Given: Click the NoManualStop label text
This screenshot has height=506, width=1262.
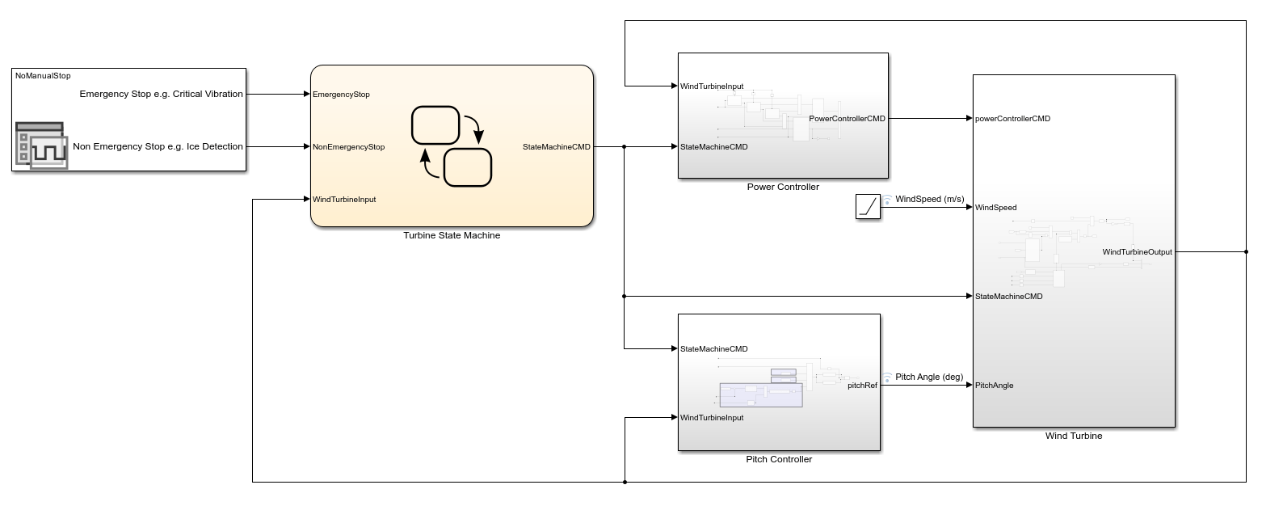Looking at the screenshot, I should pos(43,76).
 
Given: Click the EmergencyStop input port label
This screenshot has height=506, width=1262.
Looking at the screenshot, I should pos(341,95).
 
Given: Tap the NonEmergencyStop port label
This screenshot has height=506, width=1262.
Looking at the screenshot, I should pos(348,147).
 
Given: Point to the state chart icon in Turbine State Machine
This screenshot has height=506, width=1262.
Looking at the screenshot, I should pos(452,146).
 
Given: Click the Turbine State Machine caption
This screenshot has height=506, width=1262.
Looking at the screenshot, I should pos(452,236).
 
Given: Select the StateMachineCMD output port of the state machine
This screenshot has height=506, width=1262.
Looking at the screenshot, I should pos(556,147).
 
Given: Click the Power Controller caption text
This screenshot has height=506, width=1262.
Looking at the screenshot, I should pos(783,188).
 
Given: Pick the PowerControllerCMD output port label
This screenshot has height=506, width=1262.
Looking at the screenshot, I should pos(847,119).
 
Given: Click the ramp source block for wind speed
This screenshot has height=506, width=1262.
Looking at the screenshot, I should pos(867,207).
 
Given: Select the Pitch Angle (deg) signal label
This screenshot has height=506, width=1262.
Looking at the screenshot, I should pos(929,377).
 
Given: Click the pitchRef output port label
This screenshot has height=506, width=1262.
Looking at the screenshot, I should pos(861,386).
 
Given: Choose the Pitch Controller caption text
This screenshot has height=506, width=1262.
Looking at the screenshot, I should pos(779,460).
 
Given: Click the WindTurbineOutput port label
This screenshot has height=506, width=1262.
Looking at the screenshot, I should pos(1137,252).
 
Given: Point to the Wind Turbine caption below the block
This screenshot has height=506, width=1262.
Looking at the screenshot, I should pos(1074,436).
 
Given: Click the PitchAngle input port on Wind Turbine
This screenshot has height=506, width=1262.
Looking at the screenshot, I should pos(994,386).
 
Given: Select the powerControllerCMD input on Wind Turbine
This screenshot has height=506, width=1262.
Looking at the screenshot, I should pos(1012,119).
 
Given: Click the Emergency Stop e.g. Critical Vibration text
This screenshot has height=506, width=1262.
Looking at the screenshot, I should pos(161,95).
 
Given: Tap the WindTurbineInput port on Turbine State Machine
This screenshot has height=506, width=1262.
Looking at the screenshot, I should pos(344,200).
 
